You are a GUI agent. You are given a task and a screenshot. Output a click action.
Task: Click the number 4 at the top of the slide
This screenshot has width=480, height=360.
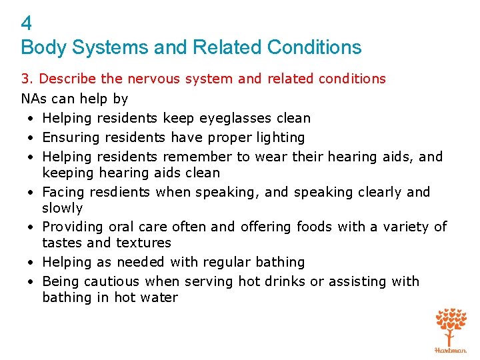tap(26, 24)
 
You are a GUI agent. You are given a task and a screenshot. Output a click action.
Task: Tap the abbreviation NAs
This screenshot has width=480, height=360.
tap(33, 99)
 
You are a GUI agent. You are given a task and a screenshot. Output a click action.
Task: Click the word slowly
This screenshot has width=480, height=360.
tap(62, 208)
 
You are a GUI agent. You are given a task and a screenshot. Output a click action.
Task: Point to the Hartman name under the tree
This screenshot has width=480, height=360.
tap(451, 349)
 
